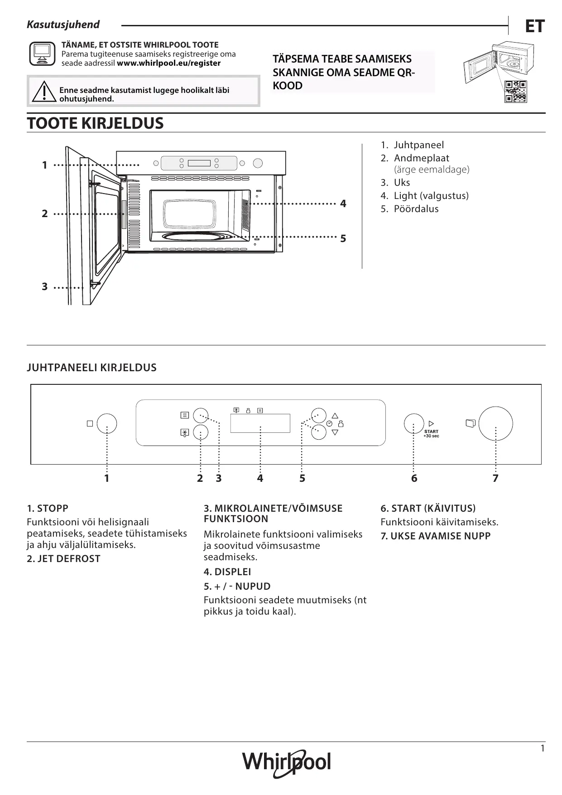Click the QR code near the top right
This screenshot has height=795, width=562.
516,92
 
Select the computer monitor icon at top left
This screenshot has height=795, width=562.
42,54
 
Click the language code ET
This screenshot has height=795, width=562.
534,27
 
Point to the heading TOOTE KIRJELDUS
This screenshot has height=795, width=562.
95,123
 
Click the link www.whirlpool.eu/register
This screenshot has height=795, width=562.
168,63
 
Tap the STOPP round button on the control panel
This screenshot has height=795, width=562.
107,423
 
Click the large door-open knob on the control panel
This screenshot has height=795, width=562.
495,423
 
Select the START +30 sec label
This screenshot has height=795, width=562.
431,434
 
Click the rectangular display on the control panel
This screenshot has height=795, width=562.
260,423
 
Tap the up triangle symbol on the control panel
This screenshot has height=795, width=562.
335,415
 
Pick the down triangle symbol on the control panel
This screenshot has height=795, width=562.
335,432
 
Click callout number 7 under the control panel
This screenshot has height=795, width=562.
495,478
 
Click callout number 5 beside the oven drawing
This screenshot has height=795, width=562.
343,238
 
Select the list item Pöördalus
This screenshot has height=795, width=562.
416,209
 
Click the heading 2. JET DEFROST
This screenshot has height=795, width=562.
63,559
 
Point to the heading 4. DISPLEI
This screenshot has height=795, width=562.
227,572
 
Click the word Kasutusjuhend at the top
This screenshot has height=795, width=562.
63,25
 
